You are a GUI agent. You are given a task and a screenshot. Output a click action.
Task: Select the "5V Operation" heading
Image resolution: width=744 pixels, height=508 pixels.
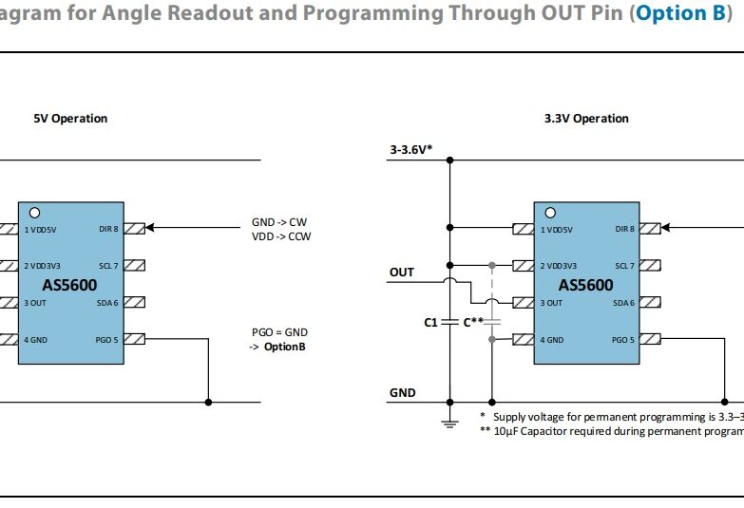[70, 119]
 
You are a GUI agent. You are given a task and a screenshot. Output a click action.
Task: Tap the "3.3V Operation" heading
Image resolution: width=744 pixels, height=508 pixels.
[586, 119]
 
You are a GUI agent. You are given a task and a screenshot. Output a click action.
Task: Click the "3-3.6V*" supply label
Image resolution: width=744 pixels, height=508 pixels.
[411, 150]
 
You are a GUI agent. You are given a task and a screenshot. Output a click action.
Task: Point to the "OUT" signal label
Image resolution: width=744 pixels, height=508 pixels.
[402, 273]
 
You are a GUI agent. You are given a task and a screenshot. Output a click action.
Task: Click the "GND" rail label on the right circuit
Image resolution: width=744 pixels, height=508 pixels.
[402, 392]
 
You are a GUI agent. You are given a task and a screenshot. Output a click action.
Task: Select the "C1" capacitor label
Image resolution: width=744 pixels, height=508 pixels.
[430, 323]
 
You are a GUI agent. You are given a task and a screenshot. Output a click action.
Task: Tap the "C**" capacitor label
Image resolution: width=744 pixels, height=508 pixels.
[473, 323]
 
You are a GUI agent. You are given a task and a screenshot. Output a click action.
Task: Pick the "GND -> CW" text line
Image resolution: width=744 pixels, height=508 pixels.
[279, 222]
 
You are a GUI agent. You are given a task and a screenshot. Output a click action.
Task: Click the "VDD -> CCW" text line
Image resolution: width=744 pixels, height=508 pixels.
[281, 236]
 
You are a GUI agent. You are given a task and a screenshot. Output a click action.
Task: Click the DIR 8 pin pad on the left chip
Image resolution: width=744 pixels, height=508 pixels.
[134, 228]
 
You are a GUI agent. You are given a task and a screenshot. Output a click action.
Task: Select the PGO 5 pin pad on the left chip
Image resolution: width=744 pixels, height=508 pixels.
[134, 338]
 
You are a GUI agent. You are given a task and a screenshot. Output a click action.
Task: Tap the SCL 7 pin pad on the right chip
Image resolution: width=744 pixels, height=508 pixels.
[650, 266]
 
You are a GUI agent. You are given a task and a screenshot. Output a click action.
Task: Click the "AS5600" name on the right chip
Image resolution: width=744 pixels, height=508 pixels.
[585, 285]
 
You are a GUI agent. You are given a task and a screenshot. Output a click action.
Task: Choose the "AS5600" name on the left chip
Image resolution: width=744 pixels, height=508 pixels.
[69, 285]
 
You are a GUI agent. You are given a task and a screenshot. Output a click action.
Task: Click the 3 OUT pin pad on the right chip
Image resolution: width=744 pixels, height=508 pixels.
[522, 303]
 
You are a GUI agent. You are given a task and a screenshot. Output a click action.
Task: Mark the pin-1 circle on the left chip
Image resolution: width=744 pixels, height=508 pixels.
[34, 212]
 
